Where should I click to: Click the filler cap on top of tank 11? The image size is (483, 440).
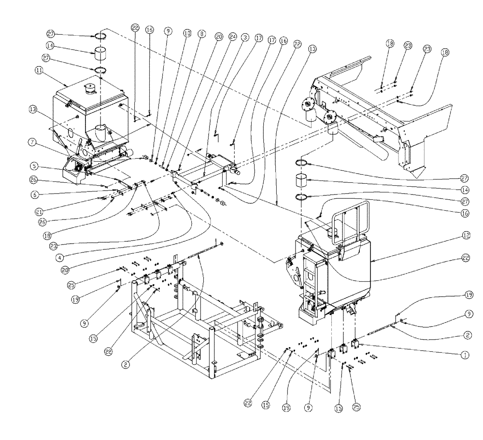[x=89, y=88]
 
